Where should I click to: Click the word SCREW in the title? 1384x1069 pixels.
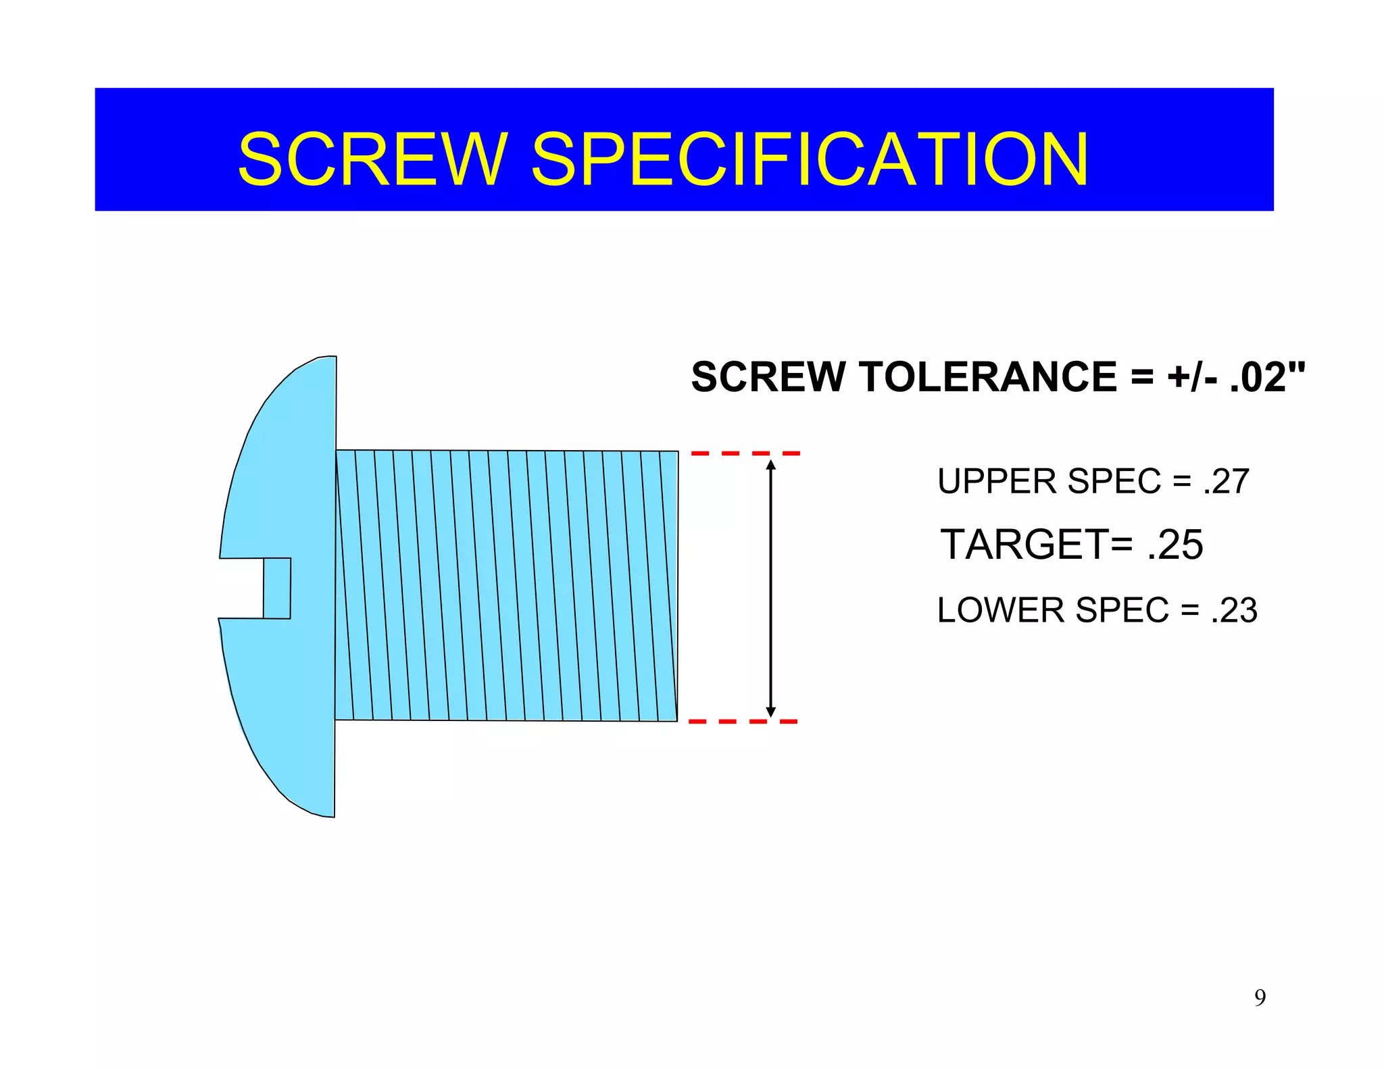tap(372, 159)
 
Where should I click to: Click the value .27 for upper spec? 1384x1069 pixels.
tap(1226, 482)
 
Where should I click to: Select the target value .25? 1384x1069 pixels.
tap(1175, 545)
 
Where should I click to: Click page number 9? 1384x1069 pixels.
tap(1260, 997)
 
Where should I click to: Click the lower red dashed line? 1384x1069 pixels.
tap(743, 722)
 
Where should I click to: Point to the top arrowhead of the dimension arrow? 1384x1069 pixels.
tap(771, 464)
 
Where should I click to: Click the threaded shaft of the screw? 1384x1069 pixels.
tap(507, 585)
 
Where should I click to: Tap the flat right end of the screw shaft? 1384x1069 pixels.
tap(677, 585)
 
